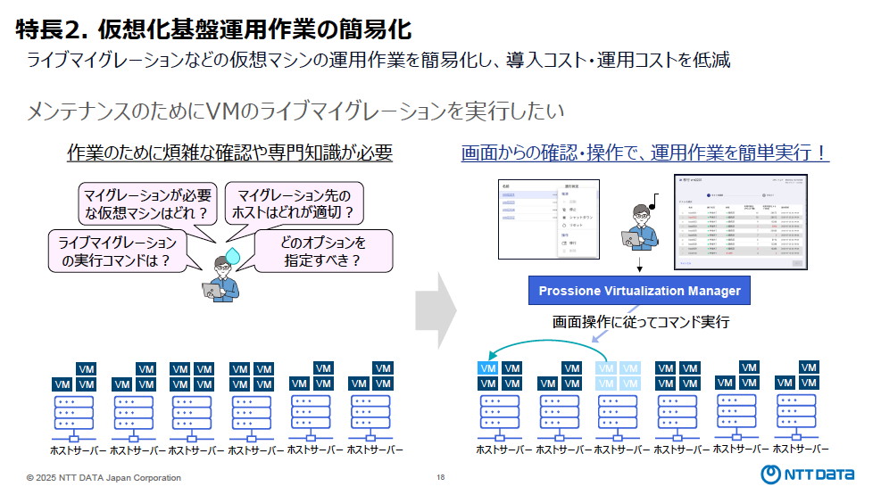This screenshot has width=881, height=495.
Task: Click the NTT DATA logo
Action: [x=809, y=474]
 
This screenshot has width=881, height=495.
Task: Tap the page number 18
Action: [x=440, y=478]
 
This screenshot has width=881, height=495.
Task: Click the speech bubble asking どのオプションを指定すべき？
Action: [x=323, y=252]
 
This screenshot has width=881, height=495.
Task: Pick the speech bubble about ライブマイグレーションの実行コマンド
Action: [x=116, y=252]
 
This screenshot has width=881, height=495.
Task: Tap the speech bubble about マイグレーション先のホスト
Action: [x=295, y=202]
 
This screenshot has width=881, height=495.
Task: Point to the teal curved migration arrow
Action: [x=544, y=346]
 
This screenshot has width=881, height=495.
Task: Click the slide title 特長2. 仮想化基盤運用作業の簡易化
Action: [x=214, y=29]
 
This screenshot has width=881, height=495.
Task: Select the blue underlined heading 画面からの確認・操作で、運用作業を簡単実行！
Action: [x=644, y=153]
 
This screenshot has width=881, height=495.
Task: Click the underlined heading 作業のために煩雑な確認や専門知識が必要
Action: [x=230, y=153]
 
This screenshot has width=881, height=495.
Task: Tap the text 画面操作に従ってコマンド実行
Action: [x=641, y=322]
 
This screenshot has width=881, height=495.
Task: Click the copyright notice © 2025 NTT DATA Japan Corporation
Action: [x=104, y=478]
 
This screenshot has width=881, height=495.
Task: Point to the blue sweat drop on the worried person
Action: [x=234, y=256]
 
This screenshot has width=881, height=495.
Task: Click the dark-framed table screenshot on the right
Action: [x=741, y=220]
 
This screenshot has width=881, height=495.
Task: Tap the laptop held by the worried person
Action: [x=211, y=289]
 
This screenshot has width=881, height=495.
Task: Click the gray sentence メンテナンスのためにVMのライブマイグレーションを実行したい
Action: [x=295, y=111]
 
